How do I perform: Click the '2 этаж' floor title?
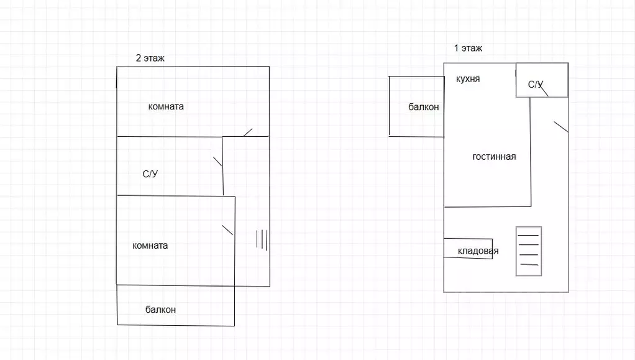point(150,58)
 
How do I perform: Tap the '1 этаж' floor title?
point(468,48)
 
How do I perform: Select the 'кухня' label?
point(468,78)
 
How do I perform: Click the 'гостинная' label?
point(494,157)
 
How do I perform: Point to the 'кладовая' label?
point(478,251)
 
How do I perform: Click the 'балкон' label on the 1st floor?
point(423,107)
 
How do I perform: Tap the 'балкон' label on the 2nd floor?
point(160,310)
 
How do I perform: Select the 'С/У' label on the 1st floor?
point(536,85)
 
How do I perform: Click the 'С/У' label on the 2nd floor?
point(150,174)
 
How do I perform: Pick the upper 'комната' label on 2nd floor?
point(166,106)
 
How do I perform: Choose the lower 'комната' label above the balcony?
point(150,245)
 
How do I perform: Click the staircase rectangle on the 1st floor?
point(516,251)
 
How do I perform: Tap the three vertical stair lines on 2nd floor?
point(262,239)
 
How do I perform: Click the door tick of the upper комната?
point(248,132)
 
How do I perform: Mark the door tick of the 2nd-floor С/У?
point(217,162)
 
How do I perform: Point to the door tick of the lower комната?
point(227,230)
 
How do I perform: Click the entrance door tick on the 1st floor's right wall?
point(561,127)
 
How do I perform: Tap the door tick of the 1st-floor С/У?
point(544,91)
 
